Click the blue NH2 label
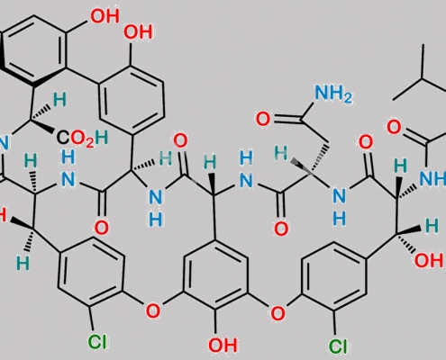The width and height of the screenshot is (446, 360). click(332, 94)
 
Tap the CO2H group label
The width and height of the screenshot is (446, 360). click(82, 139)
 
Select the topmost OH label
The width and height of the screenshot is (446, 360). click(105, 15)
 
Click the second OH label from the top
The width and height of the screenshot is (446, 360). click(138, 31)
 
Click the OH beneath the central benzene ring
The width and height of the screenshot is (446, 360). click(223, 345)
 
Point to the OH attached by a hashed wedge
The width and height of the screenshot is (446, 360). click(429, 260)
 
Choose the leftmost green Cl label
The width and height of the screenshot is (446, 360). click(97, 341)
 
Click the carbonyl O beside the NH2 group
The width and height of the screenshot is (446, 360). click(263, 119)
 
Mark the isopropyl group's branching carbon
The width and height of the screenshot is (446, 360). click(423, 78)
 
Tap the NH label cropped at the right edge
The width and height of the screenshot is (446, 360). click(432, 178)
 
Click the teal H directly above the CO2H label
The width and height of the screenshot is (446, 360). click(59, 100)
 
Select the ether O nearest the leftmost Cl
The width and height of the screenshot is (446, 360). click(153, 310)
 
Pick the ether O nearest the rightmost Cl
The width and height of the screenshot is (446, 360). click(278, 313)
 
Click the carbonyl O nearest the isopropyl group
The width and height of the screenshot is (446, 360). click(394, 126)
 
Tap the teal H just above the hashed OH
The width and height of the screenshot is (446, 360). click(432, 226)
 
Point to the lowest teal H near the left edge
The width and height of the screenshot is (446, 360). click(23, 263)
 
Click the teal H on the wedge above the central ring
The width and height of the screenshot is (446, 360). click(210, 163)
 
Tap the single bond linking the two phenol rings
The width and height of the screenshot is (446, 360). click(82, 75)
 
